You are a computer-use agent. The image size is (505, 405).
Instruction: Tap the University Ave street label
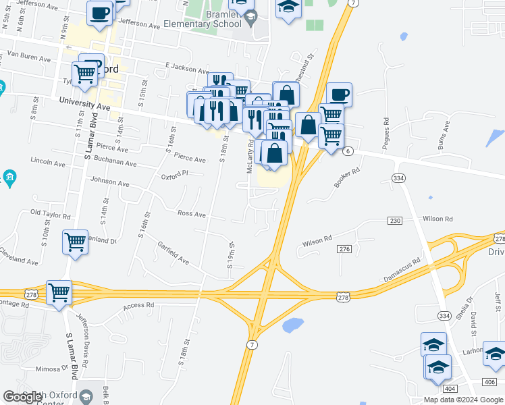pos(84,103)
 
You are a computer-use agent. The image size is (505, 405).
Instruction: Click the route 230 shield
pos(395,221)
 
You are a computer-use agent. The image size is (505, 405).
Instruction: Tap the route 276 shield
pos(345,250)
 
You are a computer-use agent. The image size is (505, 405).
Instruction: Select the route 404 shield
pos(450,389)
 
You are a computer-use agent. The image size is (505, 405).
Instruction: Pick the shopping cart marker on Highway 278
pos(59,293)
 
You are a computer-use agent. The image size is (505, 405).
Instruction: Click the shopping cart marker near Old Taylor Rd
pos(76,242)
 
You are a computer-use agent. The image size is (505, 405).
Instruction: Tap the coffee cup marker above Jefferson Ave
pos(99,13)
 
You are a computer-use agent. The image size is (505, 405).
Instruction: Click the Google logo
pos(24,397)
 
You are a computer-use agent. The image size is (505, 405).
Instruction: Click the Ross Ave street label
pos(191,213)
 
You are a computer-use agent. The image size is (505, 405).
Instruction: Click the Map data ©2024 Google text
pos(463,400)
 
